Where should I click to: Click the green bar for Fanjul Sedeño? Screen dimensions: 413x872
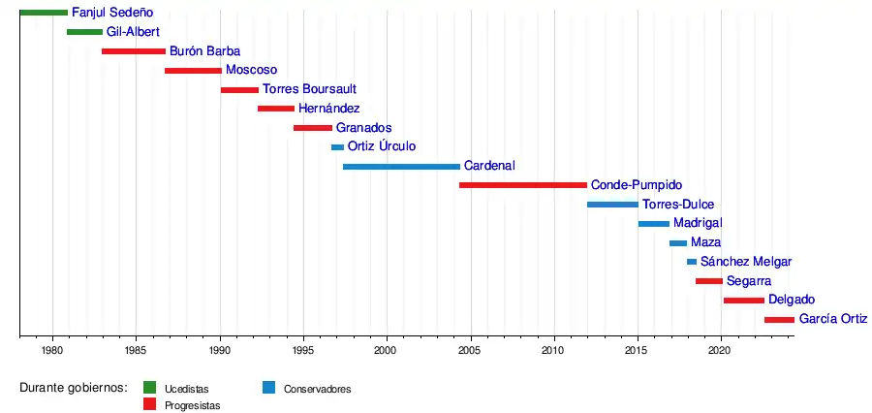point(43,13)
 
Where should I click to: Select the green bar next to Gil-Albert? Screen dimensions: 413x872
point(84,32)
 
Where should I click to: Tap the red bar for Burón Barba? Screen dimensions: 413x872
point(133,51)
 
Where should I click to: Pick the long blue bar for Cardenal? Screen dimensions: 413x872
point(401,167)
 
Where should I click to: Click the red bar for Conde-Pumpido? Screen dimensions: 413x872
point(522,185)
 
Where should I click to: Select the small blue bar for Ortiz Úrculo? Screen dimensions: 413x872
point(337,147)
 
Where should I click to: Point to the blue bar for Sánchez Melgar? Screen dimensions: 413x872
point(692,262)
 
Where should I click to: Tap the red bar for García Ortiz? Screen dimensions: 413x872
point(779,319)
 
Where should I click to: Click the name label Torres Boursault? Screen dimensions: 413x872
point(301,90)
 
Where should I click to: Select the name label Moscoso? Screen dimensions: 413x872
point(251,71)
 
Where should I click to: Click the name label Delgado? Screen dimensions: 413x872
point(791,300)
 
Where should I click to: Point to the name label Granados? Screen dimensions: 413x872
point(363,128)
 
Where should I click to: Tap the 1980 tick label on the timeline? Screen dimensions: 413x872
point(52,349)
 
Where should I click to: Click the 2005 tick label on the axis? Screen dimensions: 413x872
point(470,349)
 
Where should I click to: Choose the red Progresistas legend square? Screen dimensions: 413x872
point(149,404)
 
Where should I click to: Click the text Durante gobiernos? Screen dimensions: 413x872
point(74,388)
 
